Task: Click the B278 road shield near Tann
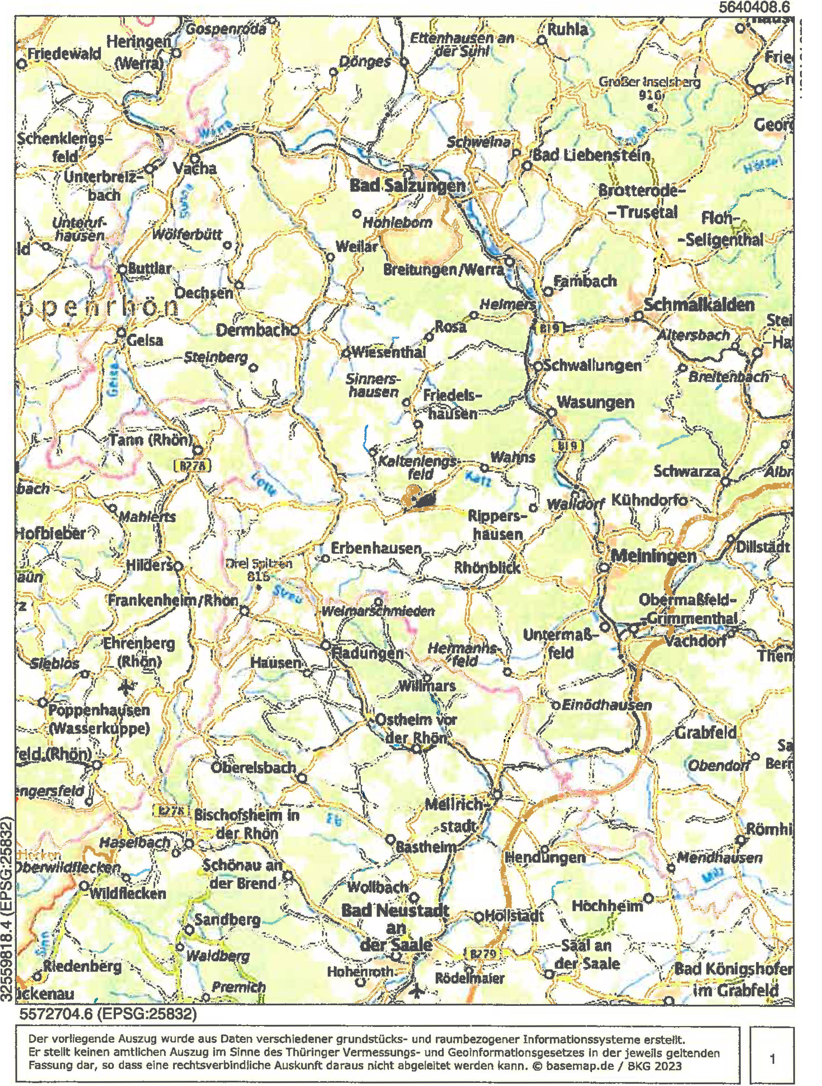(x=192, y=465)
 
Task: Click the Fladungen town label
(x=368, y=654)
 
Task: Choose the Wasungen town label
(x=595, y=403)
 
